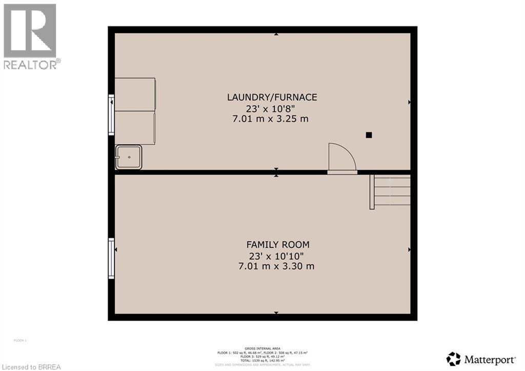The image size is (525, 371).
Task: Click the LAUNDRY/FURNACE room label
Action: pyautogui.click(x=272, y=97)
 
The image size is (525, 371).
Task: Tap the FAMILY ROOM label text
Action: pyautogui.click(x=278, y=245)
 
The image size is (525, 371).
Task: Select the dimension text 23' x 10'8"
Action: pyautogui.click(x=272, y=108)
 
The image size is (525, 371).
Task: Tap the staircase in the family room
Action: pyautogui.click(x=392, y=191)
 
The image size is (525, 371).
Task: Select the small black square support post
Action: pyautogui.click(x=369, y=135)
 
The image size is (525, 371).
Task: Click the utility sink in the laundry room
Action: pyautogui.click(x=129, y=157)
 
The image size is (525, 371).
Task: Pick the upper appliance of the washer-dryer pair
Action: pyautogui.click(x=135, y=94)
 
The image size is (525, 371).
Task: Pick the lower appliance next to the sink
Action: pyautogui.click(x=135, y=127)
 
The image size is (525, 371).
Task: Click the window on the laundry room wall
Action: pyautogui.click(x=111, y=115)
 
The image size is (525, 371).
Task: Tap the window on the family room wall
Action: pyautogui.click(x=111, y=258)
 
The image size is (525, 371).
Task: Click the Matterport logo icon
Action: pyautogui.click(x=453, y=358)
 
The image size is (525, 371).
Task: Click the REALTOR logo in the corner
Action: pyautogui.click(x=30, y=36)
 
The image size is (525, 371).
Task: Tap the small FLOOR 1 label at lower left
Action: pyautogui.click(x=19, y=340)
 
